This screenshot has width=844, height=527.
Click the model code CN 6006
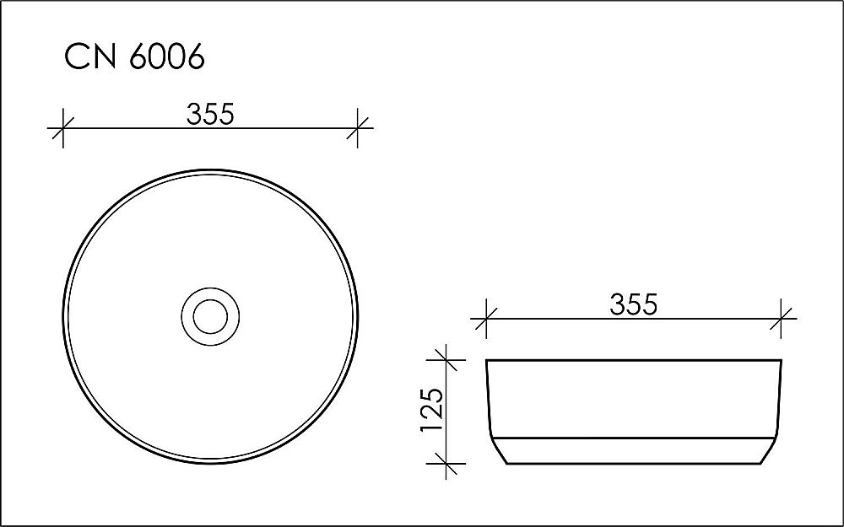click(135, 58)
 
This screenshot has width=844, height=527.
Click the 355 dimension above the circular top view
click(210, 114)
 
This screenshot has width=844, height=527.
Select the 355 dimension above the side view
click(633, 304)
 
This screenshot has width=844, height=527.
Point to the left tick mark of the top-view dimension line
click(62, 130)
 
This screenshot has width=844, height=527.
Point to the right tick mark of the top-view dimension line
click(358, 130)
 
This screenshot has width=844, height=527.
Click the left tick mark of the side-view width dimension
click(485, 320)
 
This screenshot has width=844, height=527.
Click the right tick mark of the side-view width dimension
click(782, 320)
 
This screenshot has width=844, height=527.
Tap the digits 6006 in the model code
click(167, 58)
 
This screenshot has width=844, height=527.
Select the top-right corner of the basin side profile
click(782, 361)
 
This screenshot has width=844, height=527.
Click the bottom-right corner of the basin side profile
click(766, 464)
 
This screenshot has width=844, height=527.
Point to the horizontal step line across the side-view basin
click(633, 438)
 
